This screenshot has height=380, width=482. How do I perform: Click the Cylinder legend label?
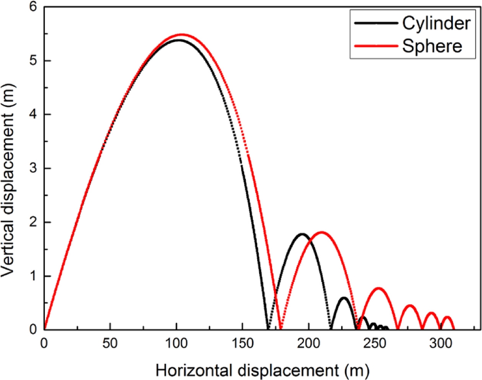tap(436, 24)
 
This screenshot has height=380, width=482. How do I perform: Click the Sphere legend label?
tap(432, 46)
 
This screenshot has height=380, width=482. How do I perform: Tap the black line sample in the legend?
tap(376, 23)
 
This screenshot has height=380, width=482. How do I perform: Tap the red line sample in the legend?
tap(376, 46)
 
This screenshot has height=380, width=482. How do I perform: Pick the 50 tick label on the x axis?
tap(110, 343)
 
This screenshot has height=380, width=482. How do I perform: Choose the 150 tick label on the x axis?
tap(242, 343)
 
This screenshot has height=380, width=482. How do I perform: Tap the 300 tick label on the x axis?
tap(441, 343)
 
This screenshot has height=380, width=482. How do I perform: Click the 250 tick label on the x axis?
tap(374, 343)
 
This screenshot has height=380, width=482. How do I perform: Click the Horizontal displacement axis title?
tap(262, 370)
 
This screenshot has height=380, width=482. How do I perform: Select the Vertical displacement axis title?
tap(8, 168)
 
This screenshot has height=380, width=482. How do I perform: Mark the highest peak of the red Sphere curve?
tap(182, 34)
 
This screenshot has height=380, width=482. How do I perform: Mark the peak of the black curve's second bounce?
tap(302, 234)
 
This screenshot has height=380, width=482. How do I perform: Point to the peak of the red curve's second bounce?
tap(321, 232)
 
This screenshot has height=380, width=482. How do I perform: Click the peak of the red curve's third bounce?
tap(378, 288)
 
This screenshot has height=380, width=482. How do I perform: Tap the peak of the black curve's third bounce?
tap(344, 298)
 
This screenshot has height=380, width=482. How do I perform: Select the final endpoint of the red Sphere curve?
tap(454, 329)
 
